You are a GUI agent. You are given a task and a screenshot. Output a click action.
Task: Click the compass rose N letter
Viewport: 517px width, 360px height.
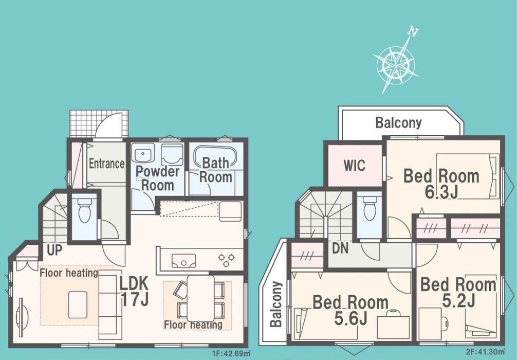pyautogui.click(x=413, y=32)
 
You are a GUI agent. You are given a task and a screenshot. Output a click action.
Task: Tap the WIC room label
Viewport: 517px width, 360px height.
pyautogui.click(x=355, y=165)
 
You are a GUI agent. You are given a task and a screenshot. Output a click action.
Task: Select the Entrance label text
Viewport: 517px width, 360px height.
pyautogui.click(x=106, y=164)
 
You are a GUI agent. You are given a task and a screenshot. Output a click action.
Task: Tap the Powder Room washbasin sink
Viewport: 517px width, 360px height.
pyautogui.click(x=142, y=153)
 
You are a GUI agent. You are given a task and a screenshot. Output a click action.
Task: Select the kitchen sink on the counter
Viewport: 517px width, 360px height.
pyautogui.click(x=183, y=260)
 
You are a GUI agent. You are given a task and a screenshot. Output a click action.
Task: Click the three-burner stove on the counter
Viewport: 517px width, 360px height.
pyautogui.click(x=227, y=260)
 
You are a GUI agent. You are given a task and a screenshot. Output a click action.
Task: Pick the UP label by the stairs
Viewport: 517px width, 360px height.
pyautogui.click(x=54, y=250)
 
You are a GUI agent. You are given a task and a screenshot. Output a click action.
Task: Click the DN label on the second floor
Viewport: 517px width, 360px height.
pyautogui.click(x=340, y=248)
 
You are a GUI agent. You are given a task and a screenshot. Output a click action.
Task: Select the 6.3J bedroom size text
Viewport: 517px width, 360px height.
pyautogui.click(x=441, y=192)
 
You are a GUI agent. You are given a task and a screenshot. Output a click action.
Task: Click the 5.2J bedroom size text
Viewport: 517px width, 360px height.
pyautogui.click(x=458, y=300)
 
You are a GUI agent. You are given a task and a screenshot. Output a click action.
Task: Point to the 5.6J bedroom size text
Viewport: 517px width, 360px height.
pyautogui.click(x=350, y=318)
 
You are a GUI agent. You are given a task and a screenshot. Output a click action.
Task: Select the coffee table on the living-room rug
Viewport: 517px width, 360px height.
pyautogui.click(x=78, y=305)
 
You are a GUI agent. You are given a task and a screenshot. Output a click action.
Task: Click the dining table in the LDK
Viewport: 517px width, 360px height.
pyautogui.click(x=200, y=298)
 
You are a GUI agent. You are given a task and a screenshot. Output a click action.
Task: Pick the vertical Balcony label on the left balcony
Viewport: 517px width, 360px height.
pyautogui.click(x=276, y=304)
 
